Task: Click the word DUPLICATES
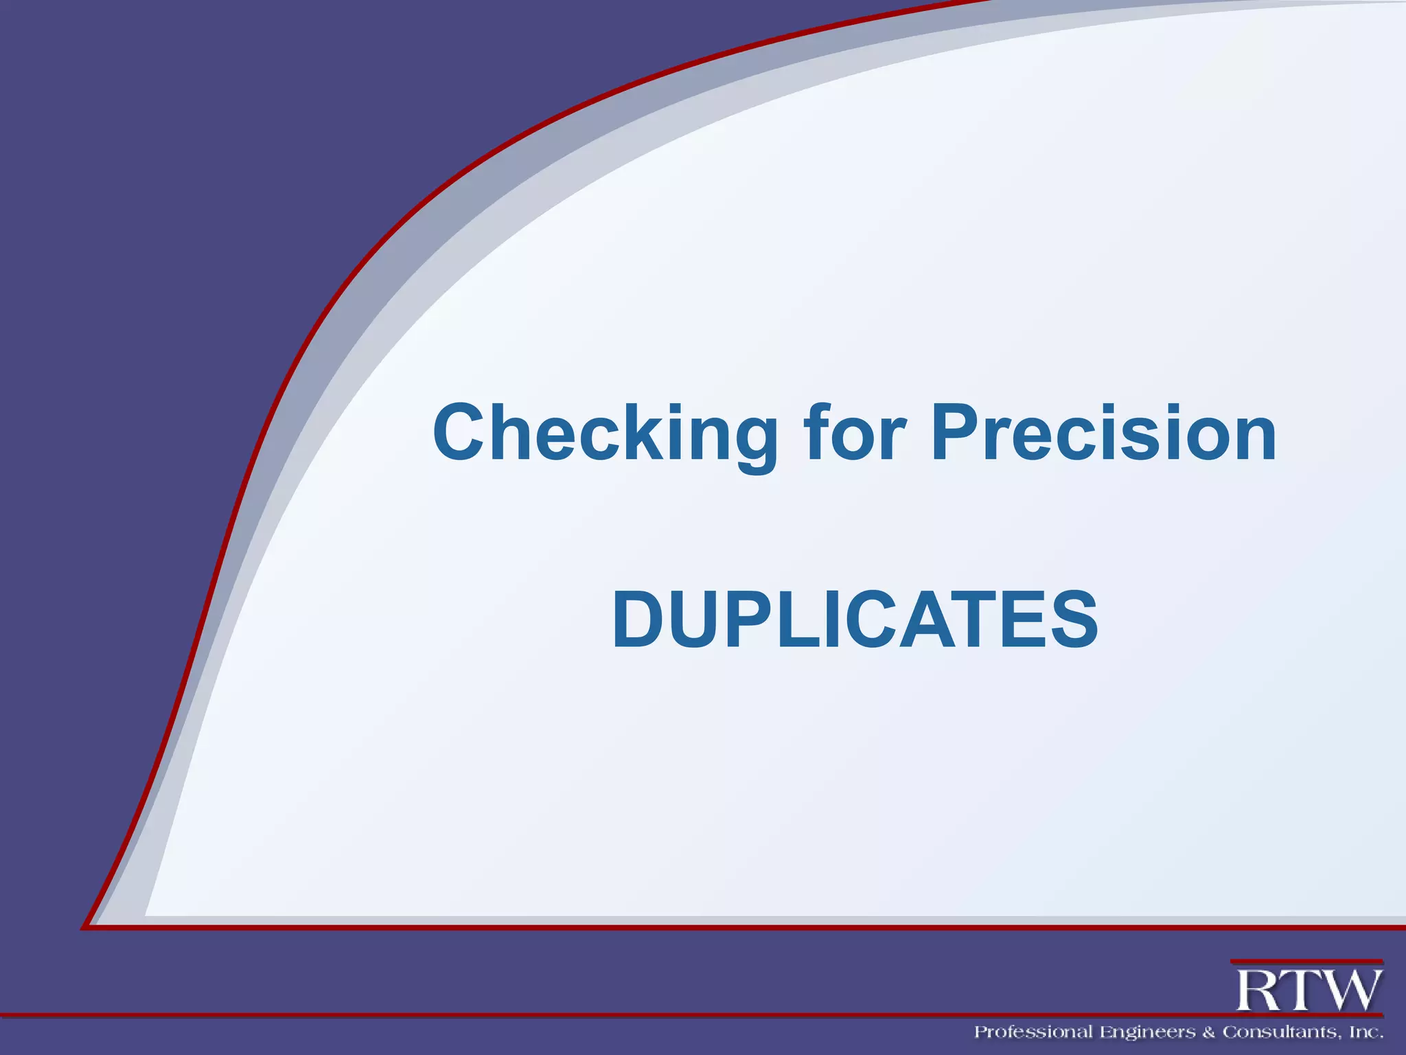tap(855, 620)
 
